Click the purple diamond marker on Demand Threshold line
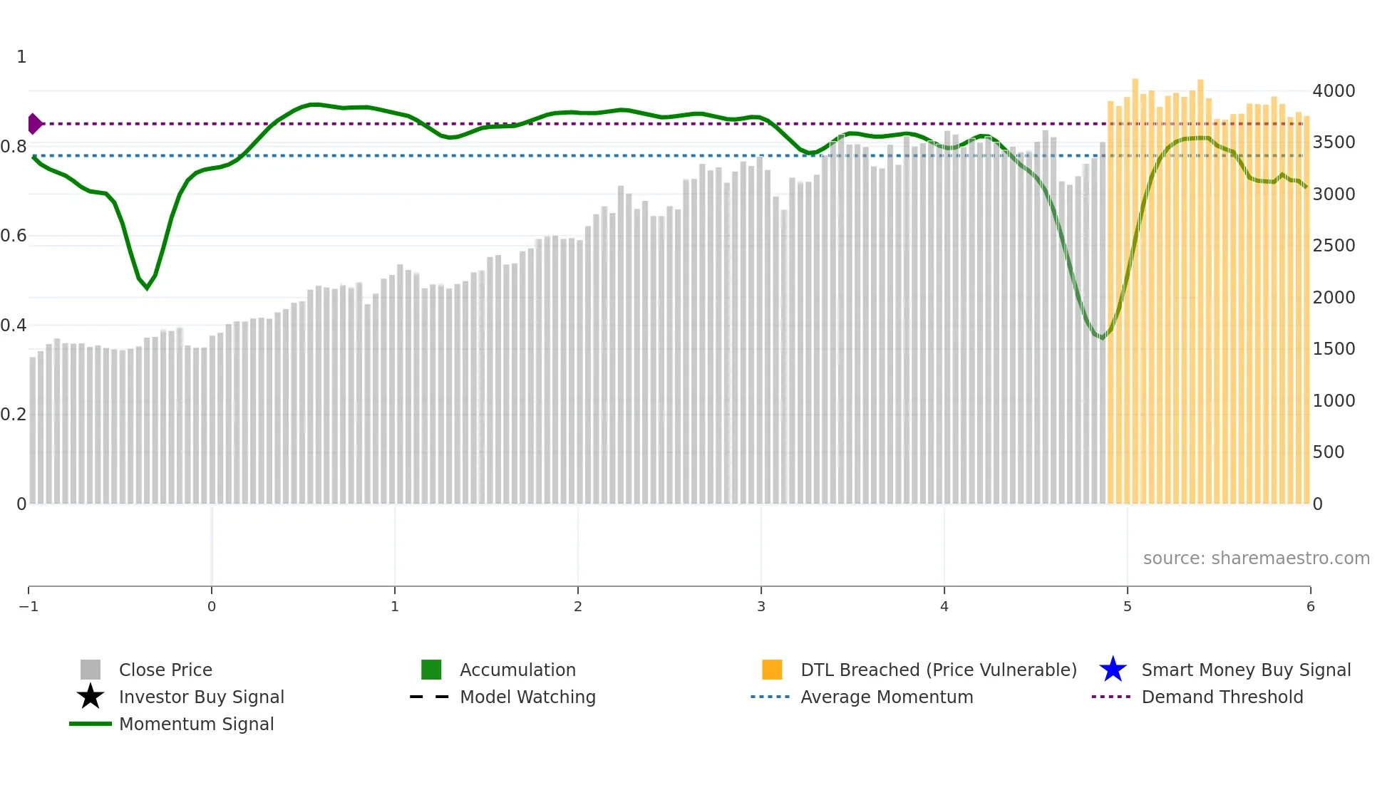tap(34, 124)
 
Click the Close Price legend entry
tap(165, 670)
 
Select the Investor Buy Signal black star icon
tap(91, 697)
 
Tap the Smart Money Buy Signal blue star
tap(1113, 670)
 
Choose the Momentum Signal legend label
tap(196, 724)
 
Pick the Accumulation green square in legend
tap(431, 670)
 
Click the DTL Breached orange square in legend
tap(772, 670)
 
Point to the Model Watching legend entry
tap(527, 697)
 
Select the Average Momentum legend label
tap(887, 697)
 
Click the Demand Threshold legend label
tap(1222, 697)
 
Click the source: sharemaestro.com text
tap(1256, 558)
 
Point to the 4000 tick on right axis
tap(1334, 91)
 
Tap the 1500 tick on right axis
tap(1334, 349)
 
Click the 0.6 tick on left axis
tap(14, 236)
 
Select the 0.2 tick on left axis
tap(14, 415)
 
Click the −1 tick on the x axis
tap(29, 606)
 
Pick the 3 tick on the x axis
tap(761, 606)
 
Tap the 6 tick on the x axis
tap(1310, 606)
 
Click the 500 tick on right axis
tap(1329, 452)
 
